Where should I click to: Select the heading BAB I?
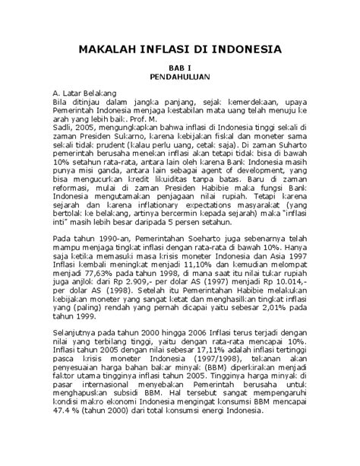(180, 68)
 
